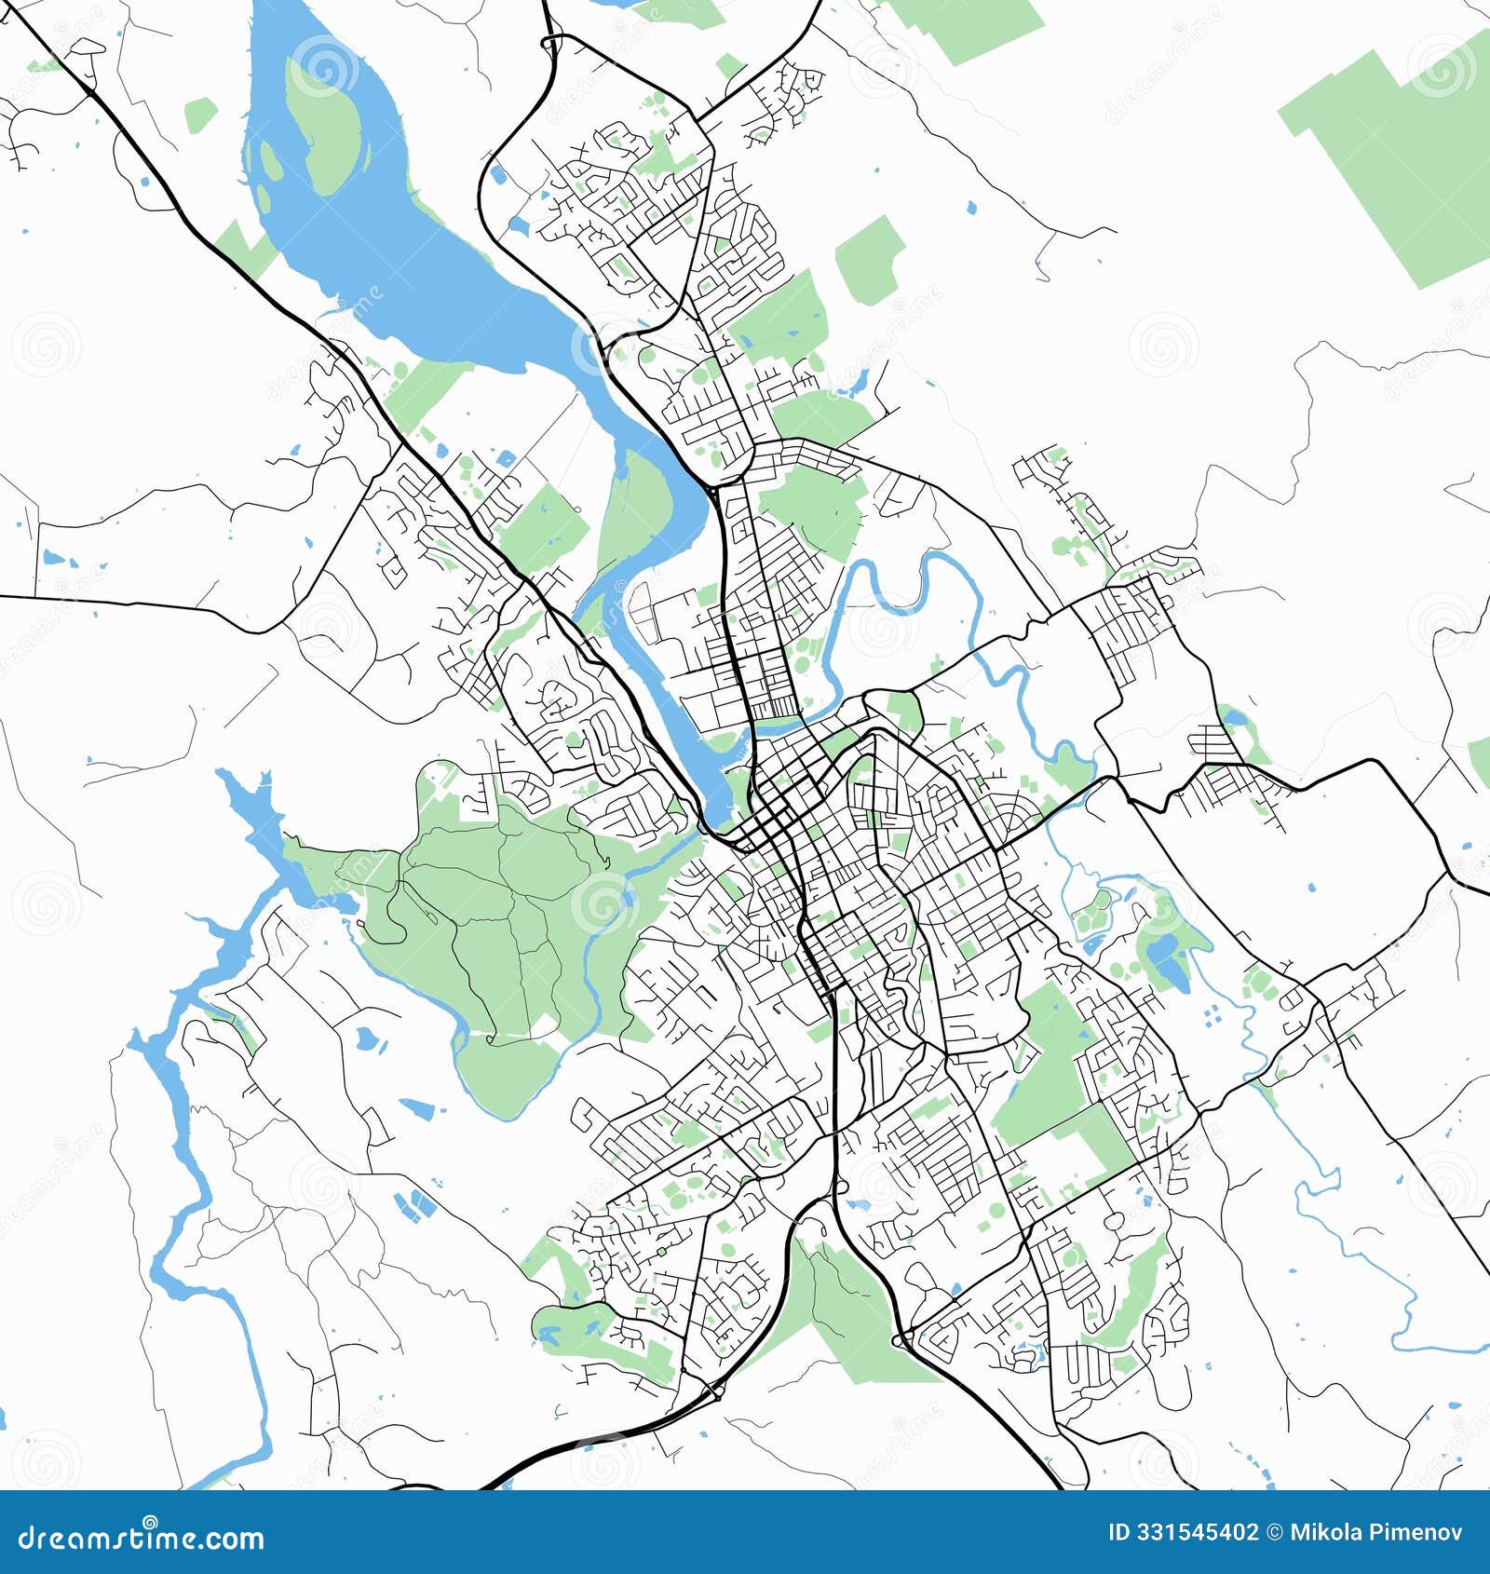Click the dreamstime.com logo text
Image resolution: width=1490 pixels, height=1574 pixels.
pos(142,1539)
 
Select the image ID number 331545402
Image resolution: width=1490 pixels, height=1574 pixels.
pos(1195,1533)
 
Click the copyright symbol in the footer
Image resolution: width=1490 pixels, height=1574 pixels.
pos(1273,1533)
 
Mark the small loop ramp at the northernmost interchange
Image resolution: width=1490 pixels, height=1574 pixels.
pos(552,42)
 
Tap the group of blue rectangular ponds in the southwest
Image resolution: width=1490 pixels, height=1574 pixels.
pos(414,1204)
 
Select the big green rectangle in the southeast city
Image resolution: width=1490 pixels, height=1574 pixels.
pos(1052,1071)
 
